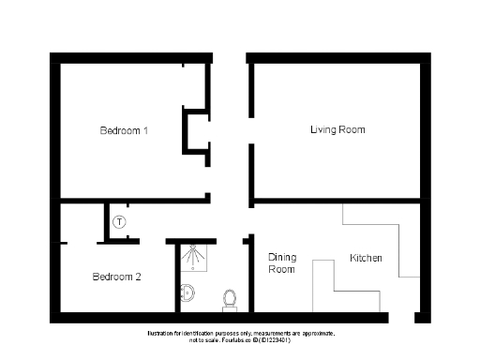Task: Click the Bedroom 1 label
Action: (124, 130)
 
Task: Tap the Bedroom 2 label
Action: (116, 277)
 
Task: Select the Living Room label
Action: (337, 129)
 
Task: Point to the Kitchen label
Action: (366, 258)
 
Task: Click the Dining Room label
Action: (281, 263)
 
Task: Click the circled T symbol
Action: (119, 222)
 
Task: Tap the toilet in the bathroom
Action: (230, 298)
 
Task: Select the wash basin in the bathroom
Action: (187, 293)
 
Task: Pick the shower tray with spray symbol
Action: (194, 257)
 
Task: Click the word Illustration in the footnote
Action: (159, 334)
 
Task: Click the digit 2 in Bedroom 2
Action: (139, 277)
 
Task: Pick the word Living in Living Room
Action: (323, 129)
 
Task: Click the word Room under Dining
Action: (281, 270)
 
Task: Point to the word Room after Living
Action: (352, 129)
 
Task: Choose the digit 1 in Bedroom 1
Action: (145, 130)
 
